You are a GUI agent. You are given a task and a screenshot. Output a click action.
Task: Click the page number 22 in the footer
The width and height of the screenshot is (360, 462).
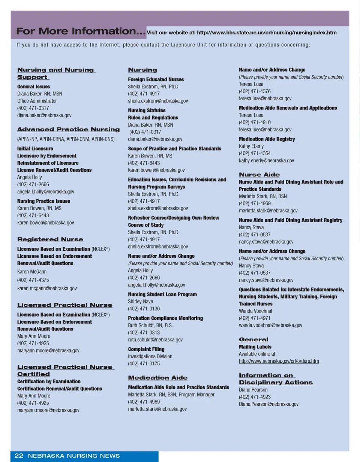click(x=19, y=456)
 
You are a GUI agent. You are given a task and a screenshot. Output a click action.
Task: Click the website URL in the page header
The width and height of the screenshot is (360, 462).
click(x=267, y=33)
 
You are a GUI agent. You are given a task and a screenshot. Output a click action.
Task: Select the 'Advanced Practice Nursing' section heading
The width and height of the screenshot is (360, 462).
click(x=68, y=129)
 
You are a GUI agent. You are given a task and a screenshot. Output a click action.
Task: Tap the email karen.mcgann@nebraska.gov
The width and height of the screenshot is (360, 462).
click(x=47, y=288)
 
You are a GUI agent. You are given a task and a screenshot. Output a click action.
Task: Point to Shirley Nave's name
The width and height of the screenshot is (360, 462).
click(x=140, y=301)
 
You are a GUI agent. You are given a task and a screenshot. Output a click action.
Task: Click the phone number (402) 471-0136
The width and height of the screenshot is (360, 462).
click(x=144, y=308)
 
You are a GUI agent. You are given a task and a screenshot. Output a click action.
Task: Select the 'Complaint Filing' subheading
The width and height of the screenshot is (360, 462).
click(x=146, y=349)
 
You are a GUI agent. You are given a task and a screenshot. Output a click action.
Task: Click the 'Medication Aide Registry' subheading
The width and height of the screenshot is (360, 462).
click(x=267, y=139)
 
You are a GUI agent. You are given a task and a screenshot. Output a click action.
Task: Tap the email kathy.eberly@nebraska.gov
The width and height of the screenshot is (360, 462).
click(x=266, y=160)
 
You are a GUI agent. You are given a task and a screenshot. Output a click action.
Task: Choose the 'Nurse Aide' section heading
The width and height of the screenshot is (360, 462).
click(x=259, y=175)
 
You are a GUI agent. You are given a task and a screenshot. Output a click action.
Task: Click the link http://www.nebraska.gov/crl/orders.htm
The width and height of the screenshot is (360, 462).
click(x=279, y=361)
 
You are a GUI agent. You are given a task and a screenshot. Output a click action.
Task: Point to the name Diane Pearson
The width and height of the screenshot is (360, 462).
click(x=253, y=390)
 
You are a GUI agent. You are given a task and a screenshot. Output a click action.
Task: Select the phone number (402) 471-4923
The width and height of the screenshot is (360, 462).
click(x=255, y=397)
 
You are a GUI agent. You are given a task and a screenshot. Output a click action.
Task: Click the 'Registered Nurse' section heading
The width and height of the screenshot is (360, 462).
click(x=50, y=239)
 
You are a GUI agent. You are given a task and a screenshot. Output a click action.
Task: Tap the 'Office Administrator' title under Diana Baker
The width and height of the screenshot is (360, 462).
click(x=37, y=101)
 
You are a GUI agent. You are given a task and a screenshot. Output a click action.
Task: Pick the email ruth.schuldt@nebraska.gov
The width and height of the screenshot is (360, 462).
click(x=155, y=339)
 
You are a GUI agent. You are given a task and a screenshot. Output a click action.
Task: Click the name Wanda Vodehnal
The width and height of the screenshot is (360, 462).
click(x=255, y=311)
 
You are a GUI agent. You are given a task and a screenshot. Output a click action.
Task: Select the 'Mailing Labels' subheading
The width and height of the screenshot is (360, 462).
click(x=255, y=347)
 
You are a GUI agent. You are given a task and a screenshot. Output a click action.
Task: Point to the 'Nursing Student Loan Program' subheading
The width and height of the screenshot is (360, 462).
click(x=162, y=295)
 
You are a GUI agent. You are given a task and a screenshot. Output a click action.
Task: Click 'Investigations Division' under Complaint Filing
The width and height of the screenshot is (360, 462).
click(x=150, y=356)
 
